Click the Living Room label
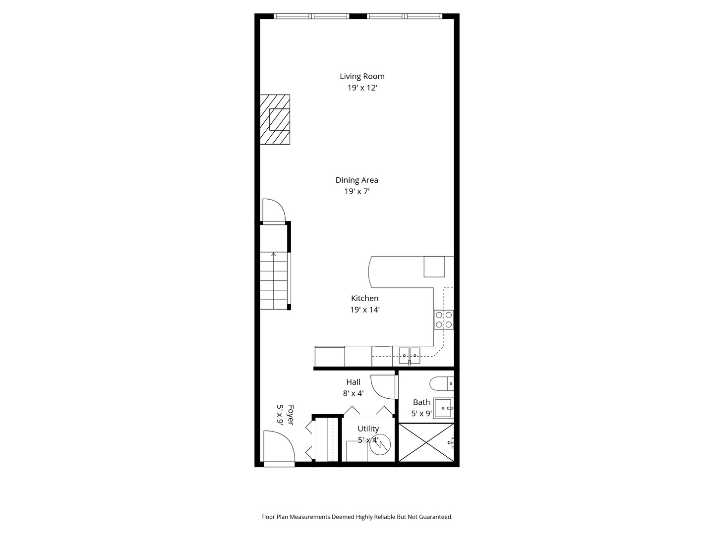click(x=362, y=76)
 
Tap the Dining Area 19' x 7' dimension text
click(x=357, y=191)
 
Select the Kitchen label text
click(x=365, y=298)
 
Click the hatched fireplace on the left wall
click(x=275, y=119)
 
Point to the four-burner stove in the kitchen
click(x=444, y=320)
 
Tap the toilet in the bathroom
click(x=441, y=383)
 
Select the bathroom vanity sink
click(x=443, y=408)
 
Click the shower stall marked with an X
click(x=426, y=442)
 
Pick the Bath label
click(x=421, y=402)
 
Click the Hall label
click(x=354, y=382)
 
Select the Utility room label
click(x=368, y=428)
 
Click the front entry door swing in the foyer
click(x=278, y=447)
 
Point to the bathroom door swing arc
click(x=383, y=387)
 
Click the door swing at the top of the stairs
click(x=273, y=210)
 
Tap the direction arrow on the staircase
click(x=273, y=254)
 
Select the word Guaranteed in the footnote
click(x=435, y=517)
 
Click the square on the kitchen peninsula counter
click(x=434, y=267)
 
